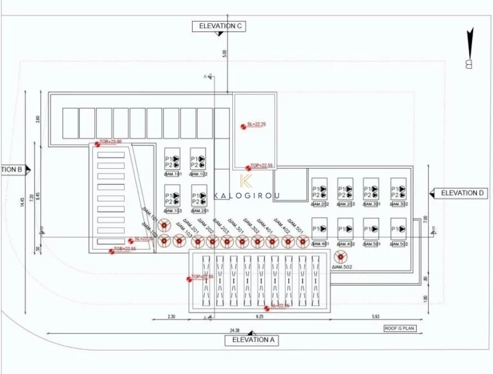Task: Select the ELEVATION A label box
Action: point(252,340)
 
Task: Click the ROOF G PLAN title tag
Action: point(400,328)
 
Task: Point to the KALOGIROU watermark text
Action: point(246,194)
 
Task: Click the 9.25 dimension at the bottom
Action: point(259,317)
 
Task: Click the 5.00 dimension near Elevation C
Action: point(224,53)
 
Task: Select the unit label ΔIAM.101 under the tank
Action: point(173,174)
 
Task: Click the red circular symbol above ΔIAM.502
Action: point(340,255)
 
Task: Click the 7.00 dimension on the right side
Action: point(424,219)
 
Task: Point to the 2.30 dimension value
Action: point(171,317)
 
